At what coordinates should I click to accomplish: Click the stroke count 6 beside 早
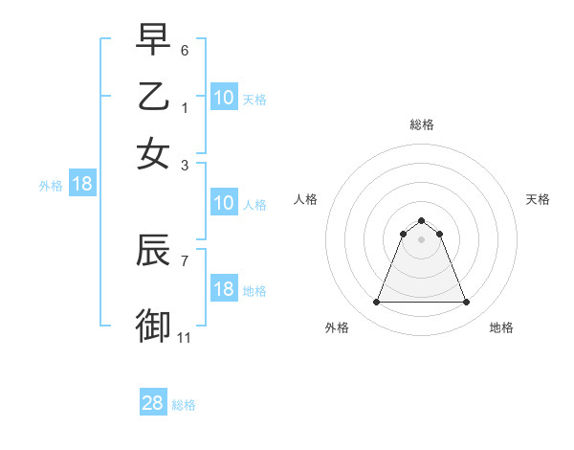coord(185,49)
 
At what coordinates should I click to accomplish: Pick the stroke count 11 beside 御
coord(185,337)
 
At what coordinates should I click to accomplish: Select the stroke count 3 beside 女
coord(185,164)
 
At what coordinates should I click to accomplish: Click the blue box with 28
coord(153,404)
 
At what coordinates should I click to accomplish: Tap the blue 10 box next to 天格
coord(223,98)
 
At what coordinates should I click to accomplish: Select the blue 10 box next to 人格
coord(223,203)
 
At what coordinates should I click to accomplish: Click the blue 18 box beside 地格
coord(223,289)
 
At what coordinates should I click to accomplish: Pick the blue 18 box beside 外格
coord(82,185)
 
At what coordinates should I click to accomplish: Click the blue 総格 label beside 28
coord(184,405)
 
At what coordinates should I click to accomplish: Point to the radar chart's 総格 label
coord(421,124)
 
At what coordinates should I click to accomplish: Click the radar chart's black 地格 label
coord(501,327)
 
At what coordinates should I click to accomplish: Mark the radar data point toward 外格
coord(376,303)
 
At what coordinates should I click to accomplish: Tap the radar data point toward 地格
coord(466,303)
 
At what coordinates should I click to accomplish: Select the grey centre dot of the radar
coord(421,239)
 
